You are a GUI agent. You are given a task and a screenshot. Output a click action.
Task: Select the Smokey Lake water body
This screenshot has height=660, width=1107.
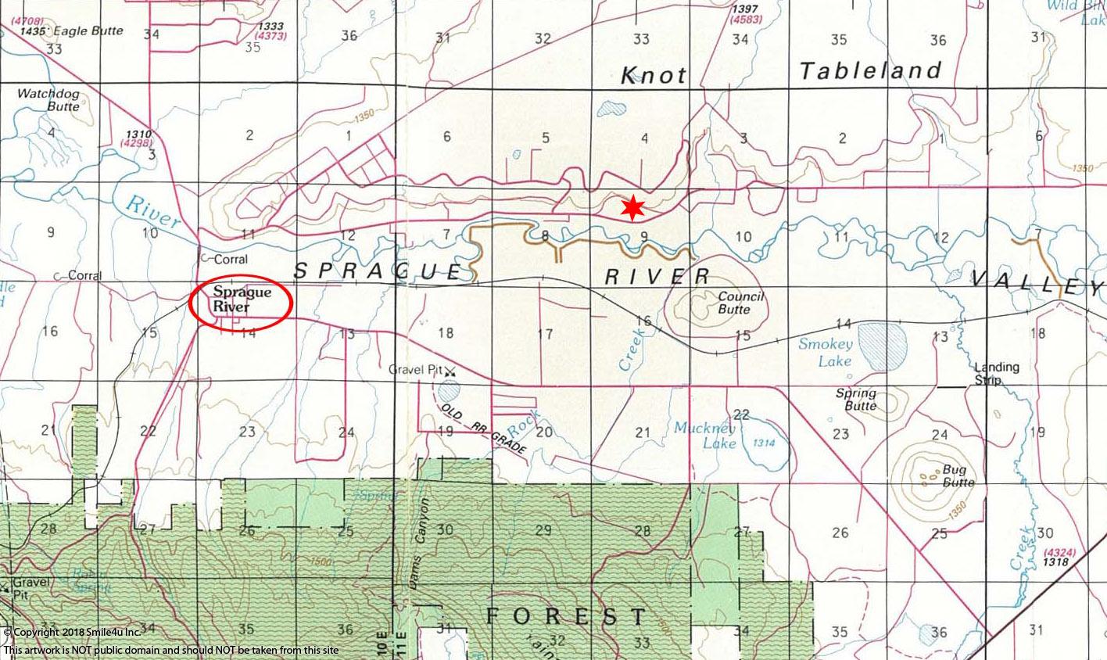tap(883, 343)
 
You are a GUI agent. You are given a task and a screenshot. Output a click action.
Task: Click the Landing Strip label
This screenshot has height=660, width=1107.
tap(996, 373)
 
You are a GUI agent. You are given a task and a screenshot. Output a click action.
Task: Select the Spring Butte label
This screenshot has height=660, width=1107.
tap(855, 399)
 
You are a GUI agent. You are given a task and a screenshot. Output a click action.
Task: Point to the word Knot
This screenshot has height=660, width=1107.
tap(654, 75)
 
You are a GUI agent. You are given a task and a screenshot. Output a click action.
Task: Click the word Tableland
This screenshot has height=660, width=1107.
tap(871, 71)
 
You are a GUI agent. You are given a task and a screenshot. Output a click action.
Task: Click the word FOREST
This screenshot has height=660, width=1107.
tap(566, 616)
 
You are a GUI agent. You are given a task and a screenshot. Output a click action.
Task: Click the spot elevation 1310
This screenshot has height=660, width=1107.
tap(142, 135)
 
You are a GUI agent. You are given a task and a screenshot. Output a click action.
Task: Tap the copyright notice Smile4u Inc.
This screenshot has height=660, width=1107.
tap(71, 632)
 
